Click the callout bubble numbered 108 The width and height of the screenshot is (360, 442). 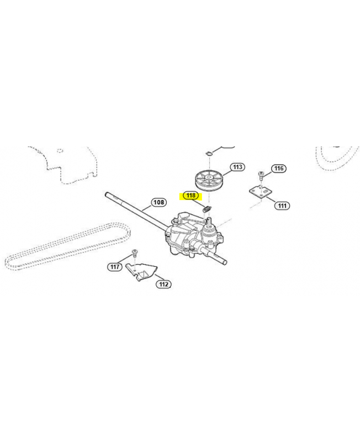[159, 202]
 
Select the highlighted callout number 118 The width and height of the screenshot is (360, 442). [191, 196]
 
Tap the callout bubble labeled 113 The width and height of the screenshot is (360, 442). [237, 167]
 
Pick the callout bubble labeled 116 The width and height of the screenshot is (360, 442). [279, 169]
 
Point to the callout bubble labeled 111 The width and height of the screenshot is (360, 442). [282, 206]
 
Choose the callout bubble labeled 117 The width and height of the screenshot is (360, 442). [115, 267]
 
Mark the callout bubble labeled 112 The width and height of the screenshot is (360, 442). [163, 284]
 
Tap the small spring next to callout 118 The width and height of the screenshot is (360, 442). [207, 209]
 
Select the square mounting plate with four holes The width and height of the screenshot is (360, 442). [261, 192]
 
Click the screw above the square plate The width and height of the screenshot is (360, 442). [261, 175]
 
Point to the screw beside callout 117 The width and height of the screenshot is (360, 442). [134, 252]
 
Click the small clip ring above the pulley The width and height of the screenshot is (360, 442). [209, 154]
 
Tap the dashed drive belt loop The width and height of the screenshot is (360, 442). [67, 246]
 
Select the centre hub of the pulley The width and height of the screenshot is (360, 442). [209, 177]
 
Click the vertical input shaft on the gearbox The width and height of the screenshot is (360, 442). [209, 223]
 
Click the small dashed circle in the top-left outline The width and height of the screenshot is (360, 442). [59, 150]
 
